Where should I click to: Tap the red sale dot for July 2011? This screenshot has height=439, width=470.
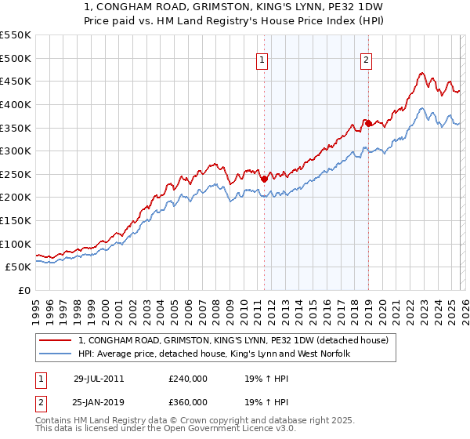264,179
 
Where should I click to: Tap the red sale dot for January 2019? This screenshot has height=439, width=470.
367,123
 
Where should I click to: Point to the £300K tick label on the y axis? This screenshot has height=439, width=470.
16,151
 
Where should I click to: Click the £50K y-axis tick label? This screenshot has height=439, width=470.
19,267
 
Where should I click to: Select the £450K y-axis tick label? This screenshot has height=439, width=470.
16,81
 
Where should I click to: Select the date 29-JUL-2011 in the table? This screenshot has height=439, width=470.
99,378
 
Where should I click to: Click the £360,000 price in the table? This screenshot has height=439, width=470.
188,401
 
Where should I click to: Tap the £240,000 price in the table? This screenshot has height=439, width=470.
188,378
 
